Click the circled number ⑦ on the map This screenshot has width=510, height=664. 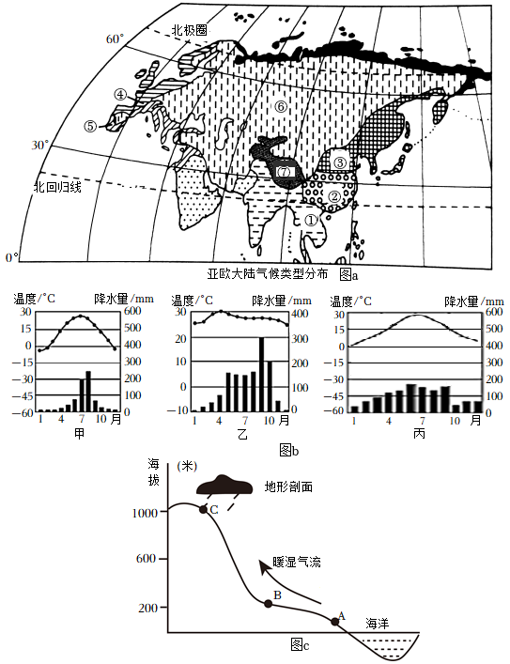284,172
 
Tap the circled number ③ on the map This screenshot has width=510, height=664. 340,162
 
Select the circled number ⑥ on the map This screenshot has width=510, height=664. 280,107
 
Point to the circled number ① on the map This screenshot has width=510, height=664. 311,220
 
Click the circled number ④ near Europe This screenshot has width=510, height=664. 120,94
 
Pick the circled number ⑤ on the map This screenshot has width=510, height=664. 90,126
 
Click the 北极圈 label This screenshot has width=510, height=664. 189,30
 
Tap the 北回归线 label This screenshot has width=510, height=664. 57,187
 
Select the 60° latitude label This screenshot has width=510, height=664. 115,39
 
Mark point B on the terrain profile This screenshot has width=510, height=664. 268,604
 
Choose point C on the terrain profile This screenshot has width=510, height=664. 203,509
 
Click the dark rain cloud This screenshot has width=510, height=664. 224,486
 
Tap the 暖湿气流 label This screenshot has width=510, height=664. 297,562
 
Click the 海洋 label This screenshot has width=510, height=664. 378,623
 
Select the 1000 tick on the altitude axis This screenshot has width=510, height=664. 145,513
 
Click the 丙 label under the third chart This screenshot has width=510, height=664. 419,434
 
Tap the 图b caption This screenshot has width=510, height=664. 289,450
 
